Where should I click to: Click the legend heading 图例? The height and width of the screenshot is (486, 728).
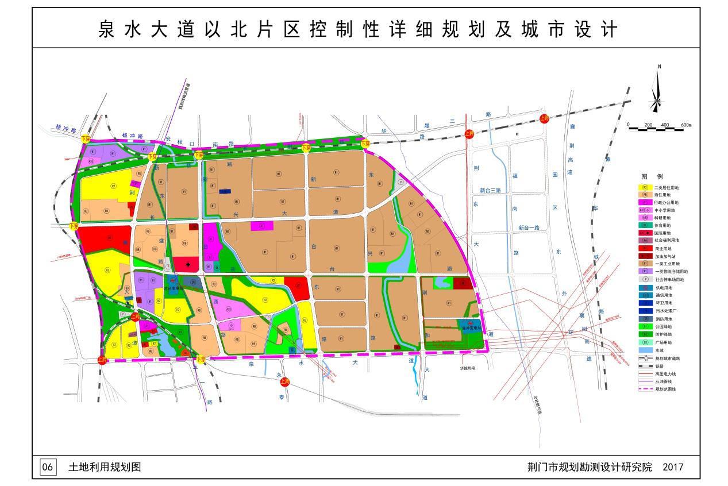click(x=652, y=176)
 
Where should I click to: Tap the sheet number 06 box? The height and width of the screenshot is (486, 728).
click(x=48, y=467)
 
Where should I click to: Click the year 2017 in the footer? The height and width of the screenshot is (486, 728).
click(x=673, y=467)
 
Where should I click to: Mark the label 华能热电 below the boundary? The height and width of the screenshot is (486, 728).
click(x=469, y=368)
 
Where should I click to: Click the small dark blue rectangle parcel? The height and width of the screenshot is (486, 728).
click(x=225, y=192)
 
